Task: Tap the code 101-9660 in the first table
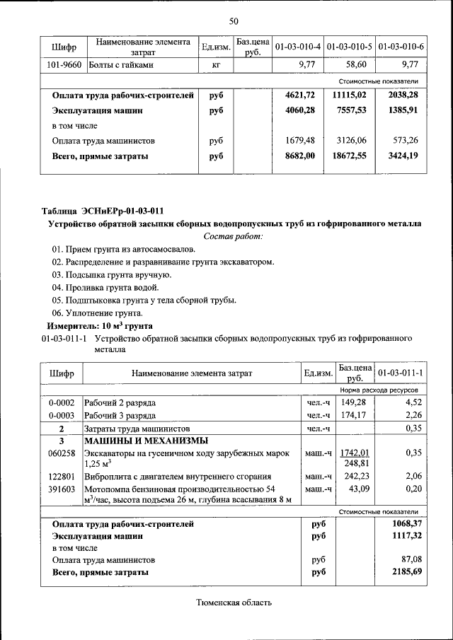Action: pos(64,65)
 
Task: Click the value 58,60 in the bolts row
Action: pos(359,65)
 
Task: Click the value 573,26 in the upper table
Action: pos(408,140)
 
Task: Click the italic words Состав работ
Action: pos(233,235)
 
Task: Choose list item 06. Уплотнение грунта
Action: pos(98,313)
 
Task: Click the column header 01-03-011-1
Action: pos(401,373)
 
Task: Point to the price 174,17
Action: pos(354,415)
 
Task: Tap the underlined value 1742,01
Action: pos(355,453)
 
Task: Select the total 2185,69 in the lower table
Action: pos(407,571)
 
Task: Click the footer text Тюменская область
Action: pos(233,603)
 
